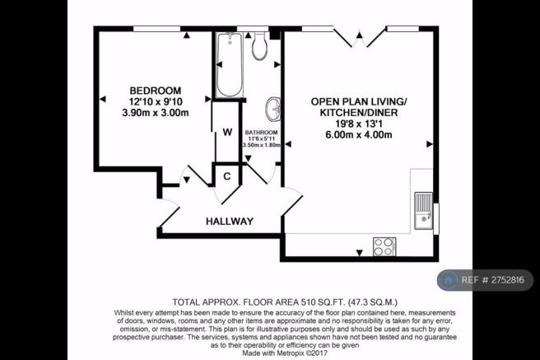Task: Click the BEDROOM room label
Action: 156,91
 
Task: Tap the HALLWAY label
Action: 230,221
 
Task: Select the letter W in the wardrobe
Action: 227,132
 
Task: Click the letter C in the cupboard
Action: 227,176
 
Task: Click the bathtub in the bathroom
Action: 230,64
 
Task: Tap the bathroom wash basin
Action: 273,110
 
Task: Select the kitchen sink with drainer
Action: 423,211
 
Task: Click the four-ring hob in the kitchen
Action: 384,246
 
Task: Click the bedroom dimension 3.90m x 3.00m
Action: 156,113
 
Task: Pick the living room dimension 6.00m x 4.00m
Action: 359,135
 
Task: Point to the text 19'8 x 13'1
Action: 359,124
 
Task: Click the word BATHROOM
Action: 262,133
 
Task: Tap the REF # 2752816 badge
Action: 485,280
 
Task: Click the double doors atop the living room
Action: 360,37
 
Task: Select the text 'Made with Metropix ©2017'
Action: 285,353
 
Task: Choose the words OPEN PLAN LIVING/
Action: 359,101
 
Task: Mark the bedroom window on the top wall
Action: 156,29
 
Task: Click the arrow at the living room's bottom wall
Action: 360,253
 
